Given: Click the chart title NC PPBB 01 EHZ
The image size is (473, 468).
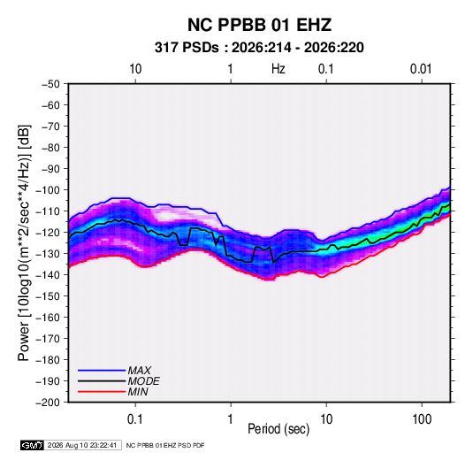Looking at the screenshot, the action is tap(259, 25).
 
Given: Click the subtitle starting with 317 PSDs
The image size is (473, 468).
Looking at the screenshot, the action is tap(259, 48).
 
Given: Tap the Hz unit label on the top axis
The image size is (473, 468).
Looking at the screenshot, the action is tap(278, 69).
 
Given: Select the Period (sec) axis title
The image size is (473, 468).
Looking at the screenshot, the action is tap(278, 429).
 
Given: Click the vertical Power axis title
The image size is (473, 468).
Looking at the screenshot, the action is tap(24, 242).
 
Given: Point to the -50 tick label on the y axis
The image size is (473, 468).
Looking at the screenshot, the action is tap(50, 84).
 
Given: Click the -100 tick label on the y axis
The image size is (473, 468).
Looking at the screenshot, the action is tap(48, 190).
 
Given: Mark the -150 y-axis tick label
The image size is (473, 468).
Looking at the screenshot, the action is tap(48, 296).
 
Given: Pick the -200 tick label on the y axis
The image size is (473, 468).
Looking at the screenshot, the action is tap(48, 403).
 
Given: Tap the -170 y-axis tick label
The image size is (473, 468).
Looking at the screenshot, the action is tap(48, 339).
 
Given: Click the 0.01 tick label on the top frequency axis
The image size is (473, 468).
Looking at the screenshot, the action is tap(421, 69).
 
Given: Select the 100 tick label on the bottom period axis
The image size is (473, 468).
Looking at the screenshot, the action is tap(422, 419).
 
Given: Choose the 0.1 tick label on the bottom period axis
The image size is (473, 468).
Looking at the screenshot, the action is tap(135, 419).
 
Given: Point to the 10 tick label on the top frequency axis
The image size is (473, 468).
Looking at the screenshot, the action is tap(135, 69).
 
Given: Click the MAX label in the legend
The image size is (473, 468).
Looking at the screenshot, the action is tap(139, 371).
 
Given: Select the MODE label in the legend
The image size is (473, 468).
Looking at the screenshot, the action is tap(143, 381).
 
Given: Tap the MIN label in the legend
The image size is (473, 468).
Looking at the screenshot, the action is tap(138, 392).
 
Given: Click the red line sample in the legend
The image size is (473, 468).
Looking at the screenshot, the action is tap(102, 392).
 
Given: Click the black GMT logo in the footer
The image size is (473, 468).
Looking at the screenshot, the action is tap(33, 445).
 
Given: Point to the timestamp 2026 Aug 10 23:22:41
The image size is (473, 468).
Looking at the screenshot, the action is tap(82, 445).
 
